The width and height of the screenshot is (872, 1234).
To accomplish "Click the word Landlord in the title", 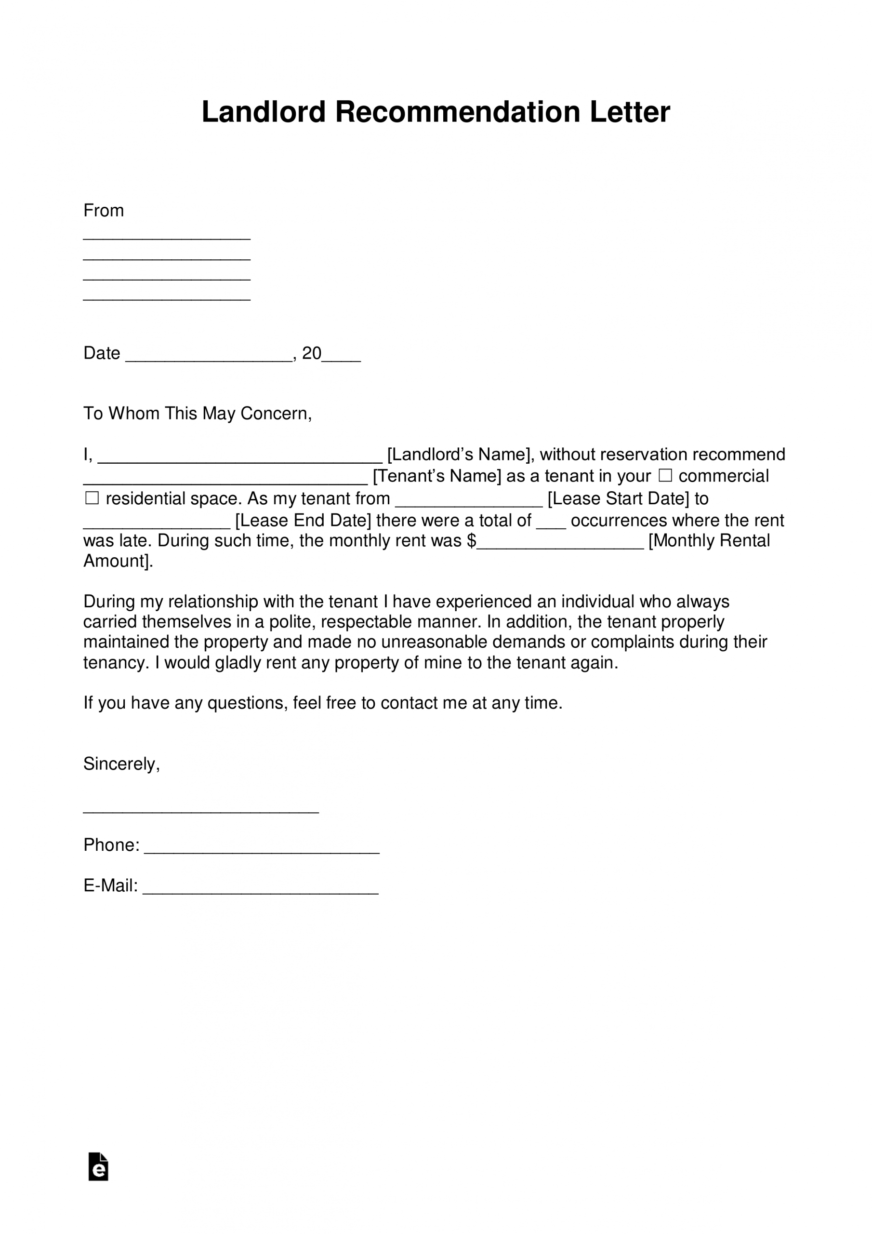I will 263,112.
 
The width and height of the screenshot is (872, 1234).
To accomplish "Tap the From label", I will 103,211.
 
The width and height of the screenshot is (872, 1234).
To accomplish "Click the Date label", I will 102,353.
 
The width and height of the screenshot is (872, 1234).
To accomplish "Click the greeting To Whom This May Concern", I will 197,413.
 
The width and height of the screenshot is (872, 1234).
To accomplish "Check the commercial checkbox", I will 665,476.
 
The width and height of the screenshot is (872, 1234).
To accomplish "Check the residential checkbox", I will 92,498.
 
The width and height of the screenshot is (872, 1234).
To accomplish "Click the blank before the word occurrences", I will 551,524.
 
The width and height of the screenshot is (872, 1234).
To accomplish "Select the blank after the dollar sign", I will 560,544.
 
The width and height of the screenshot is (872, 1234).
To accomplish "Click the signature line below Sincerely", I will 201,810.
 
